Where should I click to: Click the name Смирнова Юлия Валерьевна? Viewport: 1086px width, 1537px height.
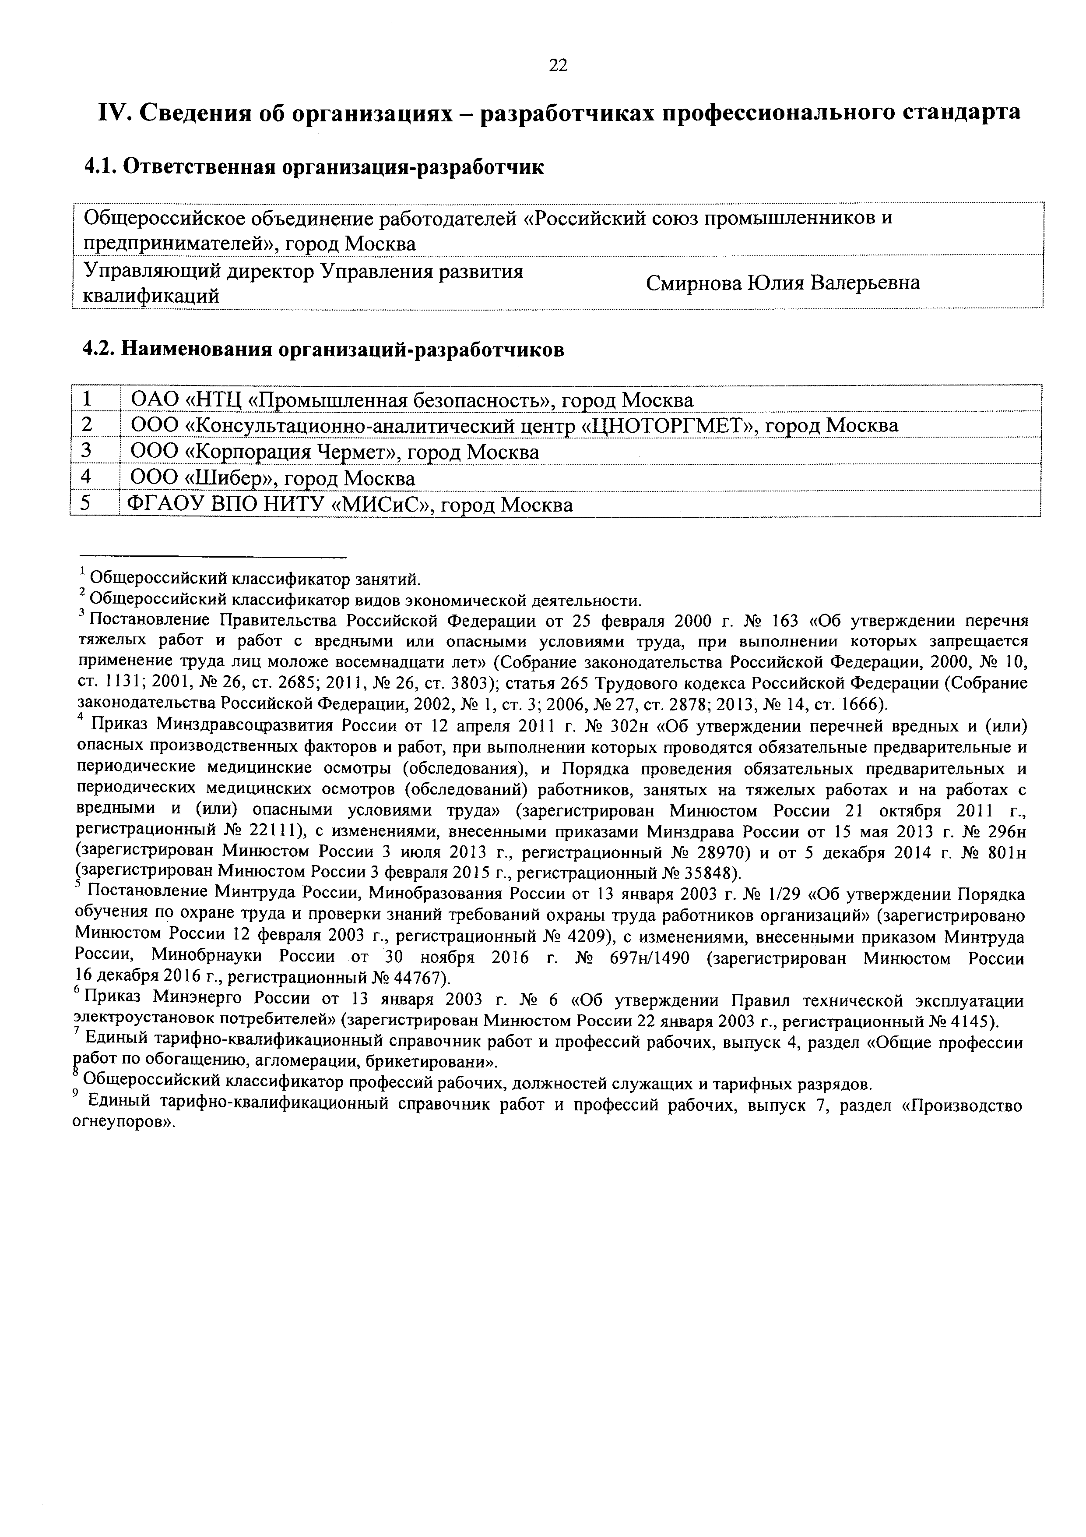tap(783, 283)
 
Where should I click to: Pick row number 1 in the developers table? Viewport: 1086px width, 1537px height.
tap(86, 399)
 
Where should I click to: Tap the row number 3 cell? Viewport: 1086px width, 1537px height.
tap(86, 452)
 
